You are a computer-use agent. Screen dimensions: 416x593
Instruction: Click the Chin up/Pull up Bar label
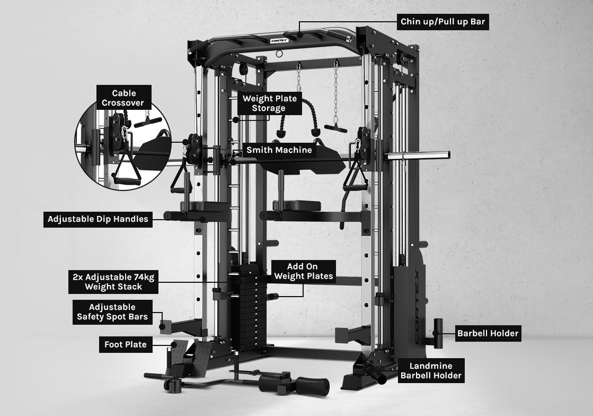click(442, 22)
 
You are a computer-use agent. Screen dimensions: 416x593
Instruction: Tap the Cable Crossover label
click(124, 98)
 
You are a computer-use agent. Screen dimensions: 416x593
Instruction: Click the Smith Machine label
click(279, 150)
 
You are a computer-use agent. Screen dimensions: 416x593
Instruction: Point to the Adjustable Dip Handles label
click(98, 219)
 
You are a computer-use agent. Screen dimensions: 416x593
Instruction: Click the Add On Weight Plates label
click(303, 271)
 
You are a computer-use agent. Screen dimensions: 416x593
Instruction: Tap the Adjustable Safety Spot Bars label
click(112, 313)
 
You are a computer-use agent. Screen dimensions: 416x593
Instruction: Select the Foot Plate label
click(125, 345)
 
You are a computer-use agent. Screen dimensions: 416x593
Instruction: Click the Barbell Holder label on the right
click(488, 334)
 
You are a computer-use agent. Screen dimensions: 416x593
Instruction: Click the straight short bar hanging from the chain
click(335, 128)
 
